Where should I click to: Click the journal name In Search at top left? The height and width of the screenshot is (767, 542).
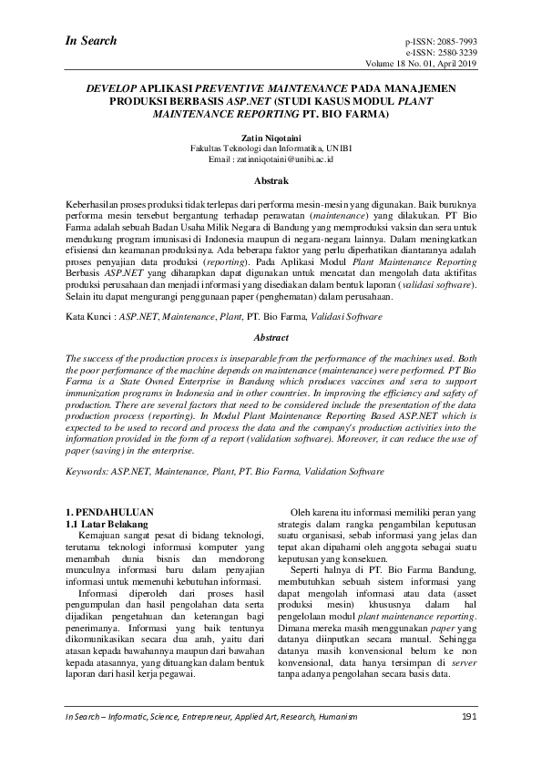(x=91, y=40)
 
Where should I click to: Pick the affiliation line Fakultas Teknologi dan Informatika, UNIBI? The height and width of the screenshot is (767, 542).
(x=271, y=146)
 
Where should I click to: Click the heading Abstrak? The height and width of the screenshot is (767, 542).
(x=271, y=181)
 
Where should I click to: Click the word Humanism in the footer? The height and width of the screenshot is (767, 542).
(x=359, y=719)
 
